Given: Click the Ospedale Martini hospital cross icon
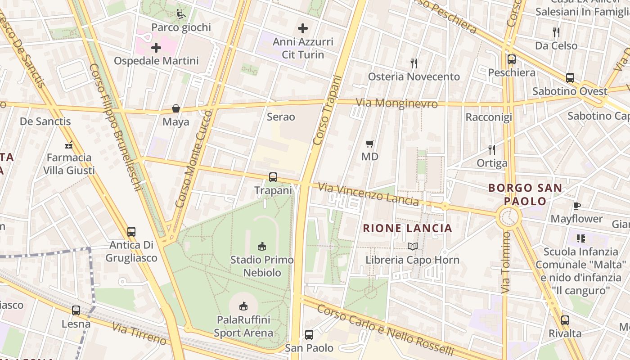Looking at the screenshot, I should pos(156,47).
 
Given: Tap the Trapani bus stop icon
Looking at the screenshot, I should pos(273,177).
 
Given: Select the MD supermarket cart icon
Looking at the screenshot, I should pos(370,144).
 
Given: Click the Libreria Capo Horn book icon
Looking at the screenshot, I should pos(413,246).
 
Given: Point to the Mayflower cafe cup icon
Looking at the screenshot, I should pos(576,206).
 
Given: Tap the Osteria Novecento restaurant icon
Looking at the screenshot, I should pos(414,63).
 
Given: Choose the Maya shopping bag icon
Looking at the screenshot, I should pos(176,108).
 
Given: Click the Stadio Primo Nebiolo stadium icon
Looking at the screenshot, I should pos(262,246).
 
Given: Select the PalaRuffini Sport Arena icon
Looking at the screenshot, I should pos(243,306).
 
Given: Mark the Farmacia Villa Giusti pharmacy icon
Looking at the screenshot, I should pos(69,144).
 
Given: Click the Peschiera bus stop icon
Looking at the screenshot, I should pos(512,59).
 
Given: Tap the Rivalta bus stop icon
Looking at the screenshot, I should pos(565,320).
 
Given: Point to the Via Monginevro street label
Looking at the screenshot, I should pos(396,103).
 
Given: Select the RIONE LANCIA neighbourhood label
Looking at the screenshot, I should pos(407,228).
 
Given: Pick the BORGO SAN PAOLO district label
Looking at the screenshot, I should pos(525,194).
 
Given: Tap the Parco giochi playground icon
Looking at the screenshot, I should pos(181,14).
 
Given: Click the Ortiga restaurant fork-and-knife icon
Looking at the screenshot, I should pos(492,149).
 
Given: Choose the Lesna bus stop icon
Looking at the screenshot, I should pos(76,310).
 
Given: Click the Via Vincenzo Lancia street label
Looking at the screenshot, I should pos(368,193).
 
